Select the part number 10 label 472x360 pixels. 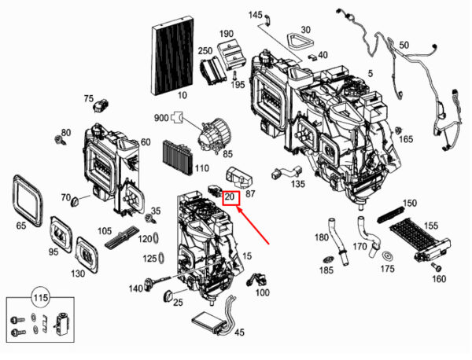pos(182,95)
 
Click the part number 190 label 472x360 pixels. pos(227,34)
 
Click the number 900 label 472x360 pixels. pos(161,119)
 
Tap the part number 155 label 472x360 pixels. pos(430,226)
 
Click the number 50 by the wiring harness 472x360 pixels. pos(404,46)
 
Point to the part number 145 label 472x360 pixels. pos(256,15)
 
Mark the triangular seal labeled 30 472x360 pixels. pos(297,42)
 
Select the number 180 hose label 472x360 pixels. pos(321,237)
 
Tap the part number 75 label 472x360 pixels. pos(89,98)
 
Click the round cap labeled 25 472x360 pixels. pos(168,296)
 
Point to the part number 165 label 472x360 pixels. pos(405,139)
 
